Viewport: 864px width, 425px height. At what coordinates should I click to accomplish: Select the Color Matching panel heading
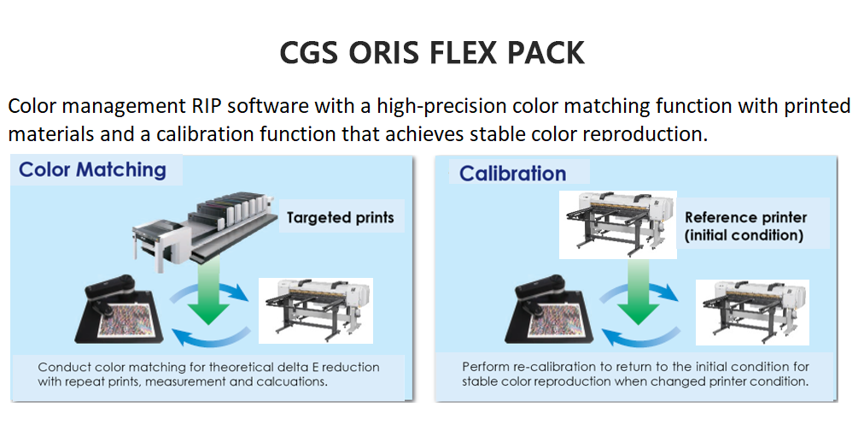92,169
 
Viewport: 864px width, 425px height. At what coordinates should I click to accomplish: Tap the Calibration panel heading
512,174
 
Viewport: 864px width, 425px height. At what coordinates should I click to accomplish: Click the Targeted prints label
341,217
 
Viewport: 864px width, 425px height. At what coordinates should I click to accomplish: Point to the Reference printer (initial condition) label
745,227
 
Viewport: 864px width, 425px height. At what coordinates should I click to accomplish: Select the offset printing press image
205,231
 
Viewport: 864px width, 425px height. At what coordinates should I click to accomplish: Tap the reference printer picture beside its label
618,225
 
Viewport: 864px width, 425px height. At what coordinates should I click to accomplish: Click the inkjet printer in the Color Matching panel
316,310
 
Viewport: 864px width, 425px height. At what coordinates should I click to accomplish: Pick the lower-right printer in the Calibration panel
752,312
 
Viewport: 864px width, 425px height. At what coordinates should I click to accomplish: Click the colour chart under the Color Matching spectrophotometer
129,319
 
